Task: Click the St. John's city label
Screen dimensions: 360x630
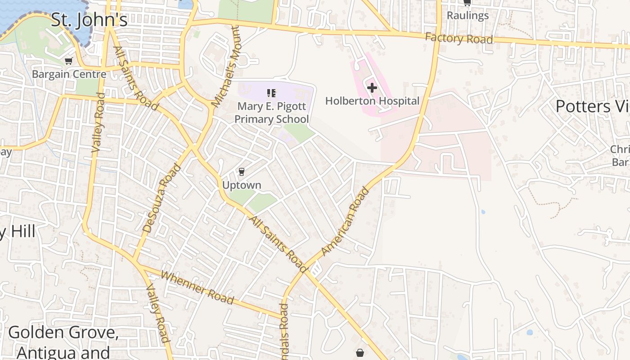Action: [x=89, y=20]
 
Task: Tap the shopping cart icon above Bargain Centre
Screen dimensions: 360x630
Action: [x=68, y=61]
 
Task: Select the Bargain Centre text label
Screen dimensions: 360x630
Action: [x=69, y=74]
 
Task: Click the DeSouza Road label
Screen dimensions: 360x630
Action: [x=162, y=198]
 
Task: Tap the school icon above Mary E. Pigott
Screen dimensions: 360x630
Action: [x=271, y=93]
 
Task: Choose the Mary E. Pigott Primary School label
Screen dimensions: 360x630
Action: [x=272, y=112]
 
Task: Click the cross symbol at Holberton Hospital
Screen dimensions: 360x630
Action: [x=372, y=88]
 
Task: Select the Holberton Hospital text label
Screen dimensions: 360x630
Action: [x=372, y=101]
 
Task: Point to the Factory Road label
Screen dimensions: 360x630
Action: [x=459, y=39]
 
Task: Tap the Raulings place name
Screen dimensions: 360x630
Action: [x=468, y=15]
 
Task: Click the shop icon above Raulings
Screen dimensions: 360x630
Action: [x=467, y=3]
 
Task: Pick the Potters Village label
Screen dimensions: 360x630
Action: [x=592, y=106]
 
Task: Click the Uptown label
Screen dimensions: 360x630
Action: [x=242, y=185]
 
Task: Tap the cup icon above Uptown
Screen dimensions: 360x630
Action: [x=242, y=171]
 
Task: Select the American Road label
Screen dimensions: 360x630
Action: [x=346, y=221]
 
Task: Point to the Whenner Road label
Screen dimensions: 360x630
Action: [x=197, y=288]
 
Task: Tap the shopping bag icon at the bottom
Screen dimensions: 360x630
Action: [x=360, y=353]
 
